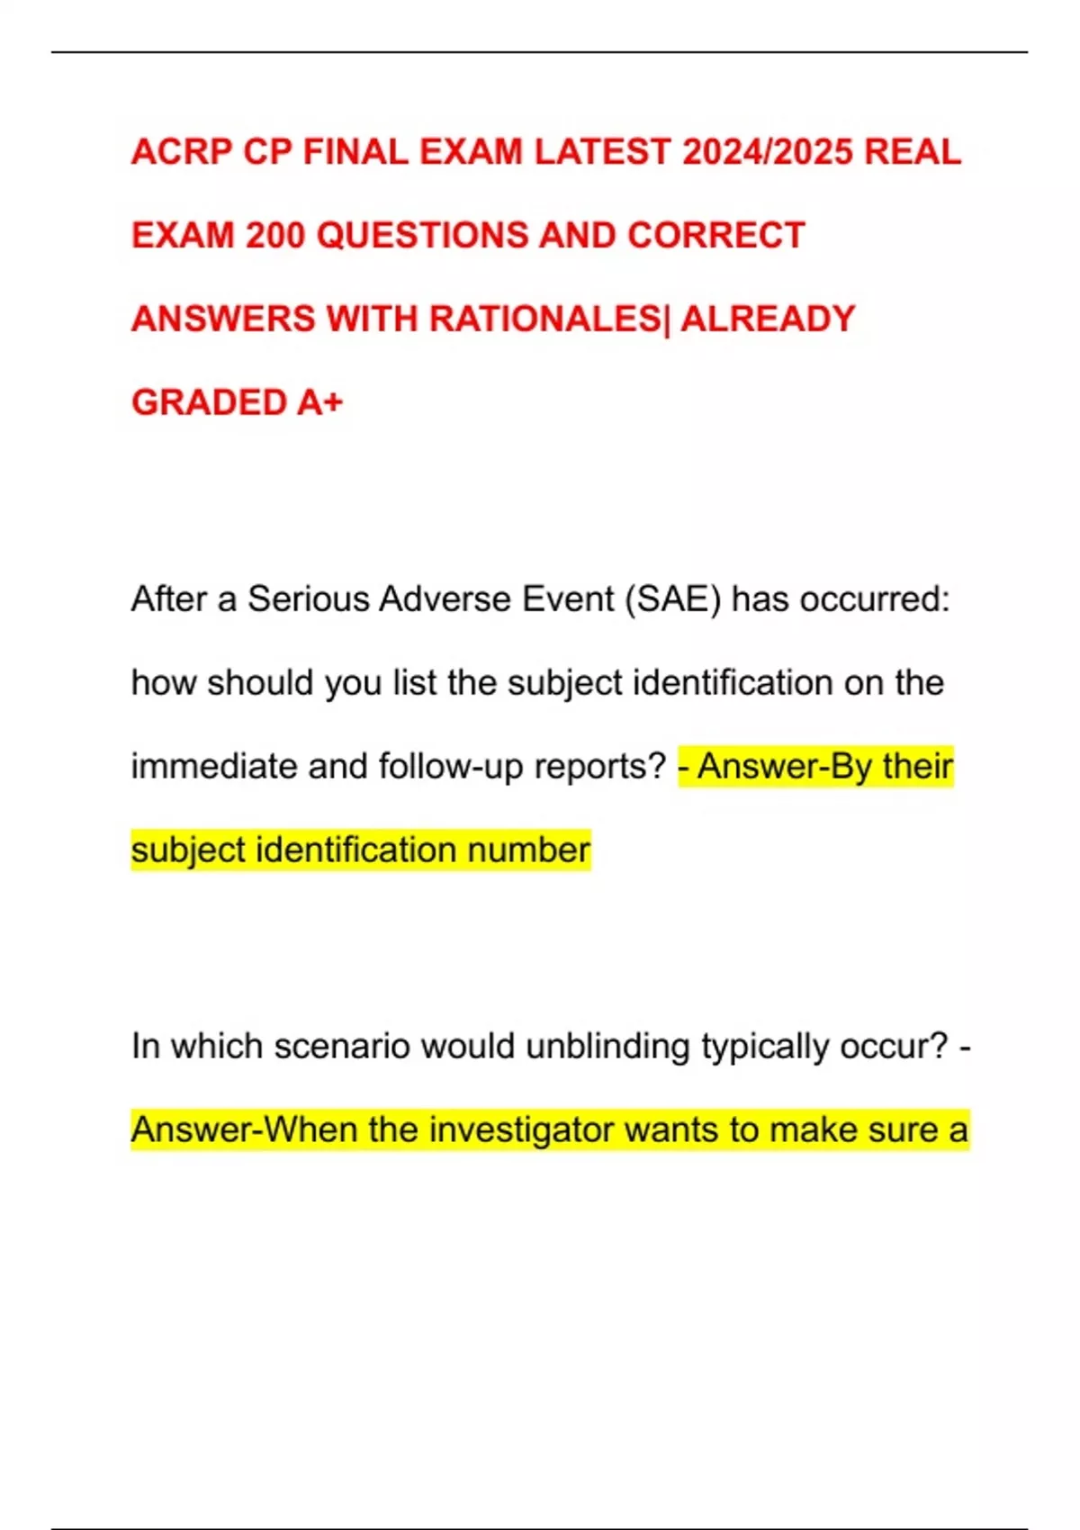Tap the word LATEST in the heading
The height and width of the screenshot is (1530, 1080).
602,152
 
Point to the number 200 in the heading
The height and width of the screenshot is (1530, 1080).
275,236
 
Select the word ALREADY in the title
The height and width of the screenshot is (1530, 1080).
768,319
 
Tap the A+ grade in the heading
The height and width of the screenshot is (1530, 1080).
319,402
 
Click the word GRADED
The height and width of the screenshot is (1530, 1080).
209,402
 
